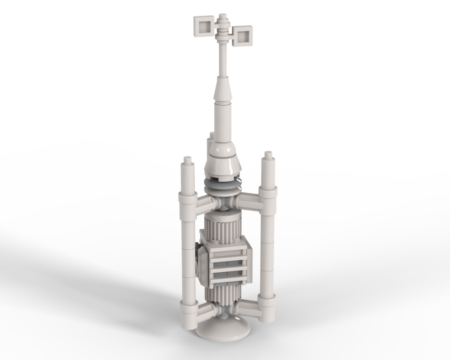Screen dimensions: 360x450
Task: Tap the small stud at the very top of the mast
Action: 223,17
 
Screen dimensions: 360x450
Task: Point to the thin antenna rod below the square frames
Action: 223,61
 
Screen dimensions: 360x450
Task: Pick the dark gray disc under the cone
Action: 223,184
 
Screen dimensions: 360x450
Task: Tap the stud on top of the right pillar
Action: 269,155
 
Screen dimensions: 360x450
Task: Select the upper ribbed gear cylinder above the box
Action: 223,225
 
